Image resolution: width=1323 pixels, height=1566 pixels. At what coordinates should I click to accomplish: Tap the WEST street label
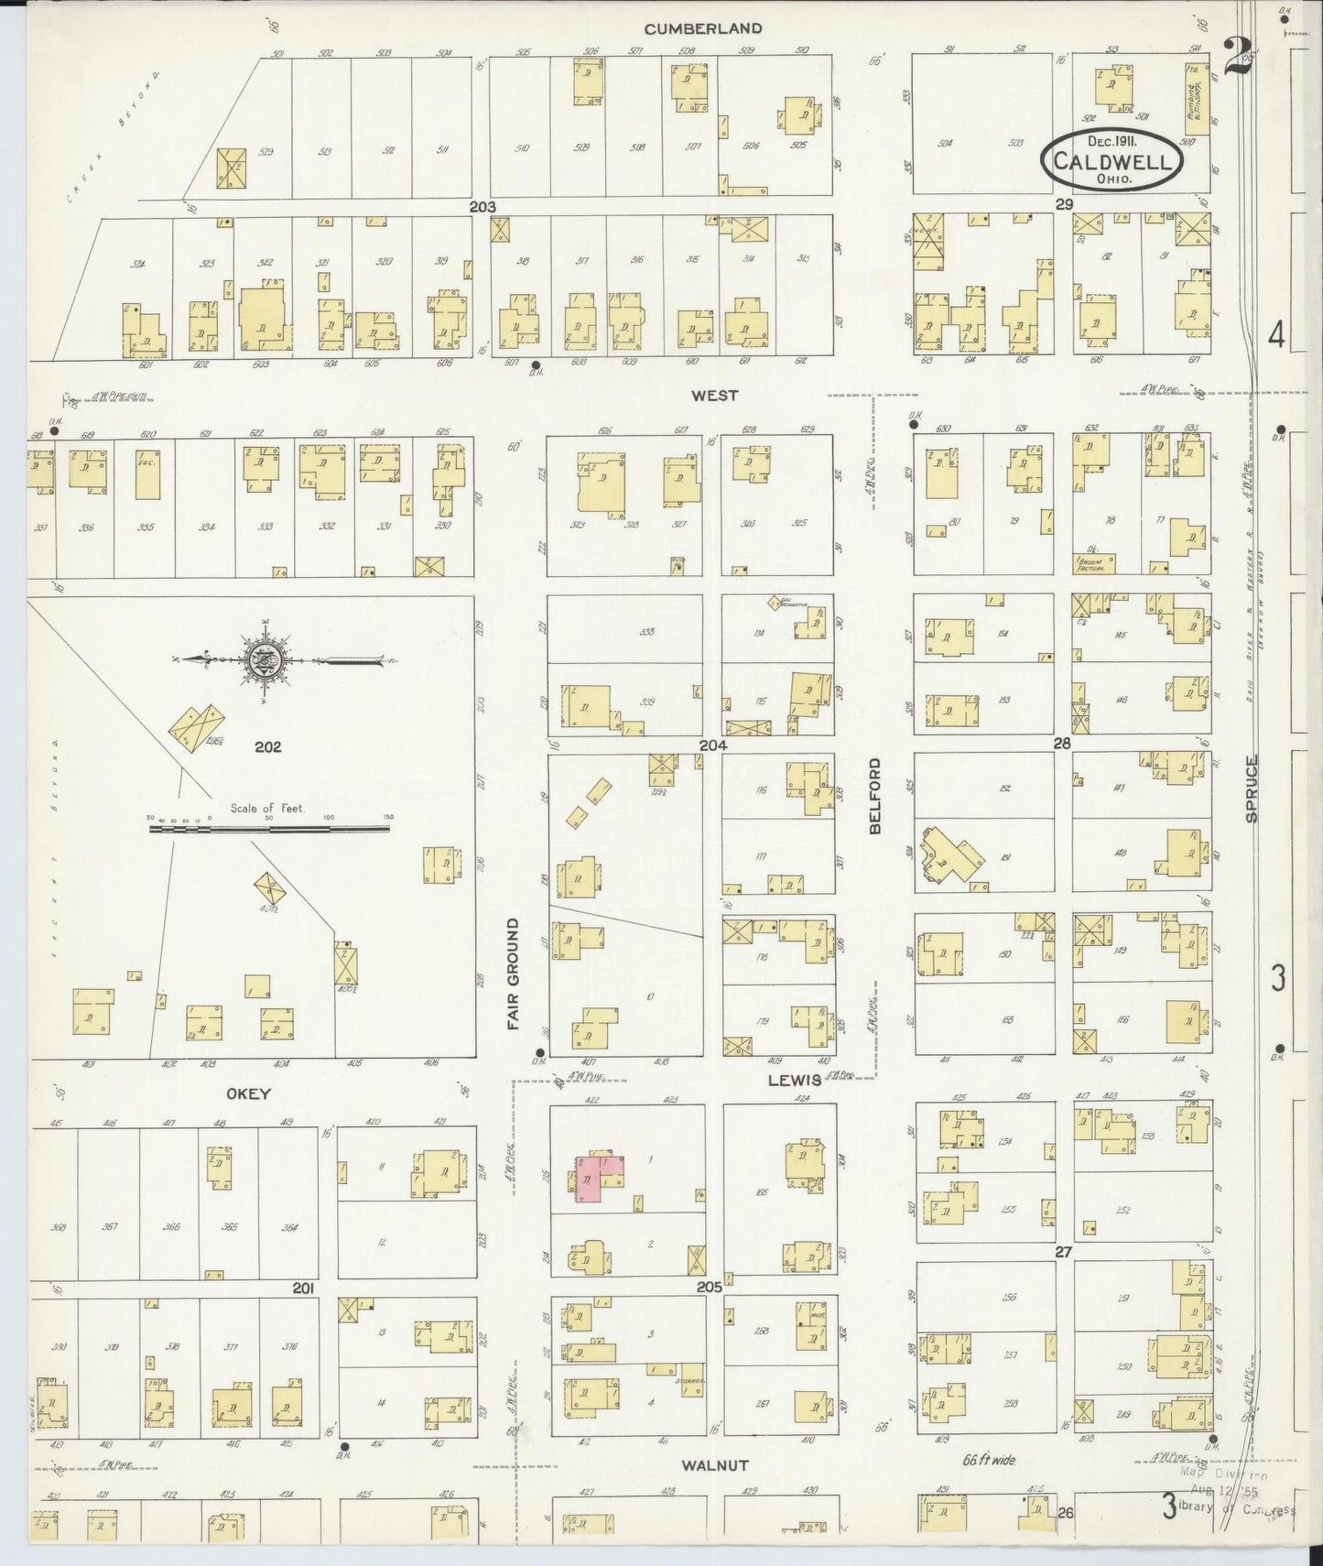(x=715, y=396)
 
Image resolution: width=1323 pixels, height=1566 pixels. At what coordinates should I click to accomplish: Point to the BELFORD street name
(x=874, y=795)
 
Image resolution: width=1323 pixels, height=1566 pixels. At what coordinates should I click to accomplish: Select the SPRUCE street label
(x=1252, y=788)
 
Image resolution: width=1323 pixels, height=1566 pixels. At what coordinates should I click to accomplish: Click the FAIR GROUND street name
(x=514, y=973)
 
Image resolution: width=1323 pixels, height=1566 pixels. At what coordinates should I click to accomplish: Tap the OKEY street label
(x=249, y=1093)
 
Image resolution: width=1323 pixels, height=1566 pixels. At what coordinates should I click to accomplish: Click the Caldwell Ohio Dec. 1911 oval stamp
(x=1112, y=159)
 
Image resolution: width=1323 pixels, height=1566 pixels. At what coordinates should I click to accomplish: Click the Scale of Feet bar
(x=269, y=829)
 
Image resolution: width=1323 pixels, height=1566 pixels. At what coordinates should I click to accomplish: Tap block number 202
(x=267, y=746)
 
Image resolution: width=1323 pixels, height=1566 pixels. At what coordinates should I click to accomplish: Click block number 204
(x=713, y=745)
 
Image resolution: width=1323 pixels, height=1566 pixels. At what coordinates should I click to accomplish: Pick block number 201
(x=304, y=1289)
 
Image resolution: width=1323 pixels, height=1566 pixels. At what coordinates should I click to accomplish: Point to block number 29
(x=1063, y=205)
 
